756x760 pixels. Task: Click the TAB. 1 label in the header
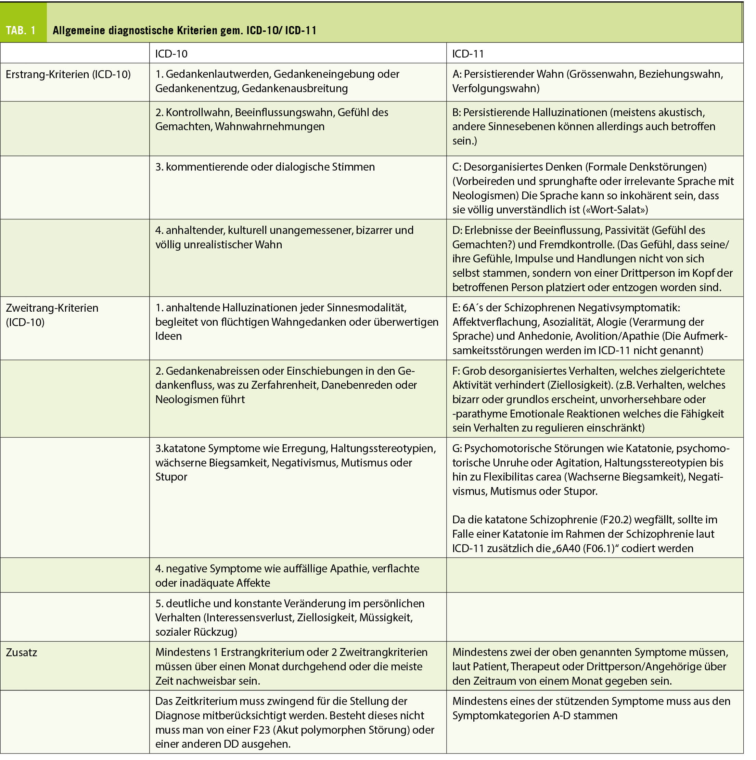click(21, 30)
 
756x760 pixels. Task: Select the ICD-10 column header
click(171, 53)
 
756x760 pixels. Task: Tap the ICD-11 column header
click(468, 53)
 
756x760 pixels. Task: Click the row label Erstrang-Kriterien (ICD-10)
click(68, 74)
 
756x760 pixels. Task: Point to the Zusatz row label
click(22, 652)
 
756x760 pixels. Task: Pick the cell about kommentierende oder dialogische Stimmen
click(265, 167)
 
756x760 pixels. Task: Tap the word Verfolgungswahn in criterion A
click(496, 88)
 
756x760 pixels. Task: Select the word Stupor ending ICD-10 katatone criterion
click(171, 477)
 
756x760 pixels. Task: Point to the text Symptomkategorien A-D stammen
click(535, 715)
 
